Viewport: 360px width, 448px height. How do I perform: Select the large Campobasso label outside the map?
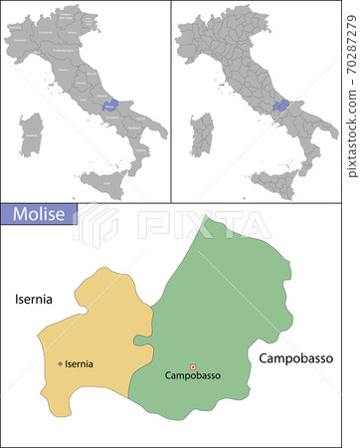pos(296,356)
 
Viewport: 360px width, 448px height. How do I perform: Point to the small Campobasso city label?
pos(192,376)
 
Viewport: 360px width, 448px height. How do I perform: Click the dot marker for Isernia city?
pos(61,364)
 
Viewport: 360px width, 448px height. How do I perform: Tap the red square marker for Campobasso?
pos(193,366)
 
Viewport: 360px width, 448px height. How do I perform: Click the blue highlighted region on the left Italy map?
pos(109,105)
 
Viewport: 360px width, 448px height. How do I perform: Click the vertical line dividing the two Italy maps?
pos(171,100)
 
